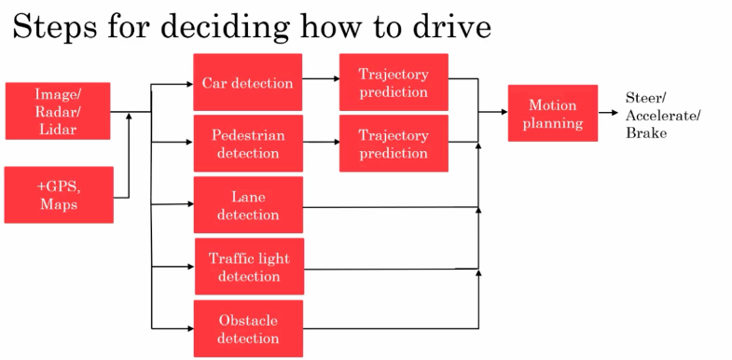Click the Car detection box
coord(247,82)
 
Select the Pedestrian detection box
coord(247,144)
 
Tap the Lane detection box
coord(247,205)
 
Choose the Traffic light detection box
coord(248,267)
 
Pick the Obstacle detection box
coord(247,328)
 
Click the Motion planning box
coord(552,113)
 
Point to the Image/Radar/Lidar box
coord(57,110)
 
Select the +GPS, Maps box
coord(58,194)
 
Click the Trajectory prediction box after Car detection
coord(393,82)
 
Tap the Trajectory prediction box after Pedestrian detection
coord(393,144)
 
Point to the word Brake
coord(646,133)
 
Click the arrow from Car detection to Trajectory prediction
coord(322,80)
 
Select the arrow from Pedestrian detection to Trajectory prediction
coord(322,143)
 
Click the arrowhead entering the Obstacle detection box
coord(188,327)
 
